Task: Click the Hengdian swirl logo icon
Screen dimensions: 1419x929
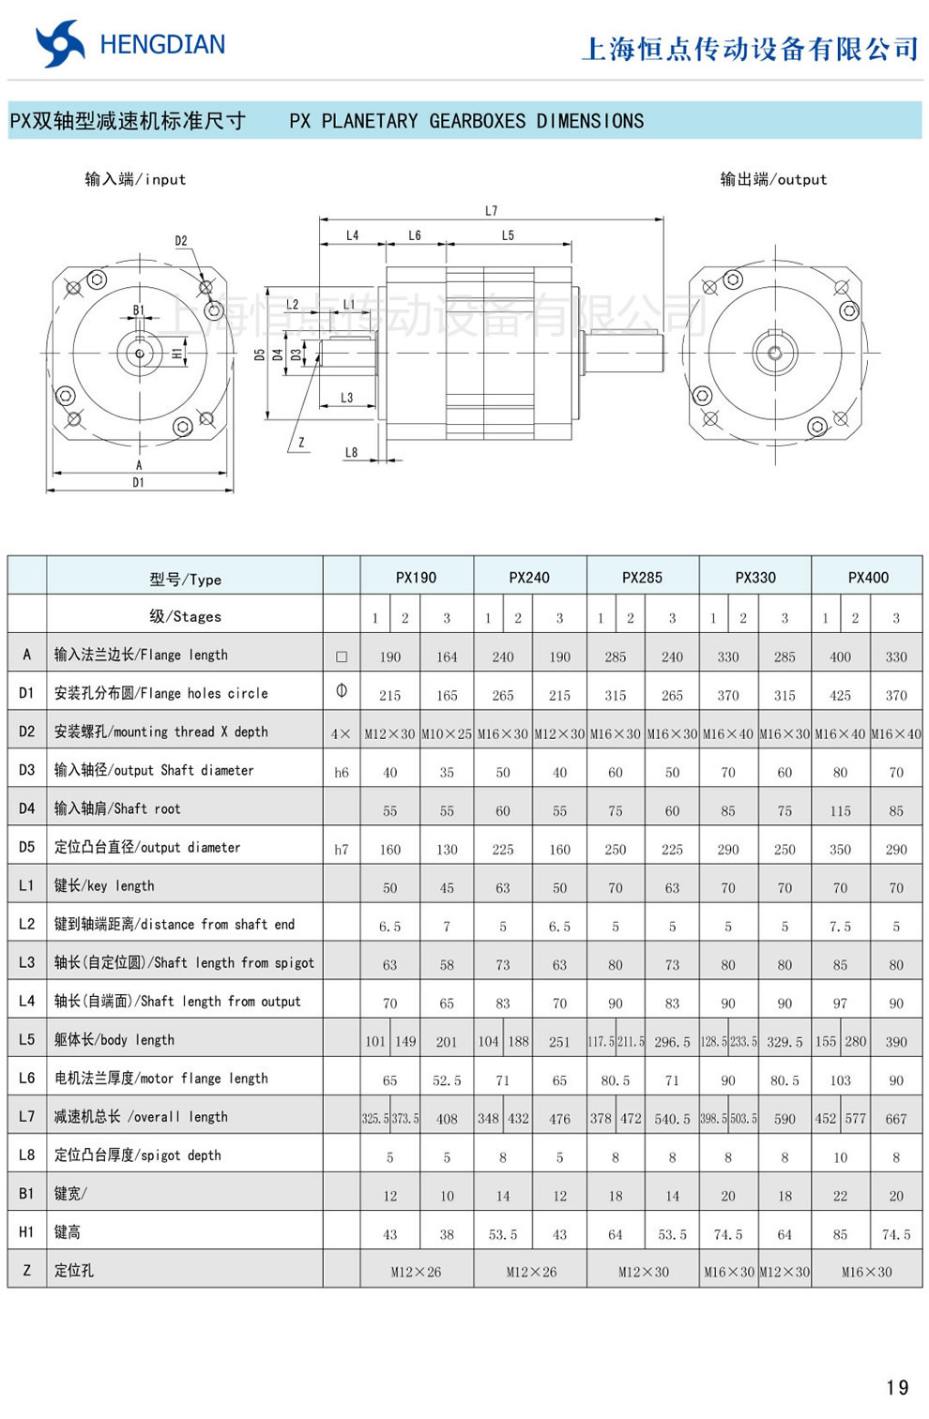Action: tap(60, 44)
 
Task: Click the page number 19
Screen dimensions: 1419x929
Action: tap(896, 1387)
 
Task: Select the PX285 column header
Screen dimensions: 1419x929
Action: tap(642, 578)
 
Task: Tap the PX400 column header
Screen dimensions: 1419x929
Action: tap(867, 578)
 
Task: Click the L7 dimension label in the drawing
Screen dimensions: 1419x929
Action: tap(491, 211)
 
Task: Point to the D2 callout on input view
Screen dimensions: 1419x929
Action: tap(181, 241)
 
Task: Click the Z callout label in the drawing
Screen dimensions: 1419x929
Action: tap(301, 443)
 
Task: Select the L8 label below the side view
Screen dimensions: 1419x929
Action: tap(351, 453)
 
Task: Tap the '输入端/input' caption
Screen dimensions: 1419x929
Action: tap(135, 179)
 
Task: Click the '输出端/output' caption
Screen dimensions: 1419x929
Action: tap(773, 179)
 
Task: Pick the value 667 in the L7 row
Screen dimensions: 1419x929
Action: tap(895, 1119)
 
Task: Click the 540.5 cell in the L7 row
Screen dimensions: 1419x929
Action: tap(672, 1119)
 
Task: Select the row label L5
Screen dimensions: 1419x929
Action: tap(26, 1039)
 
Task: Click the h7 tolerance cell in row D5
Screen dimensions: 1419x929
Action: tap(342, 850)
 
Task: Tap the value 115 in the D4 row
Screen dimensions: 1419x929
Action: tap(840, 811)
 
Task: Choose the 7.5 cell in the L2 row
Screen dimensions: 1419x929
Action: tap(840, 927)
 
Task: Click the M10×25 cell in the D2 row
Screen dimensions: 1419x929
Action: tap(447, 734)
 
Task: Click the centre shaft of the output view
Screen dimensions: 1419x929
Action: tap(774, 354)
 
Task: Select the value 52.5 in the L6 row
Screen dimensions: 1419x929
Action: tap(447, 1080)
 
